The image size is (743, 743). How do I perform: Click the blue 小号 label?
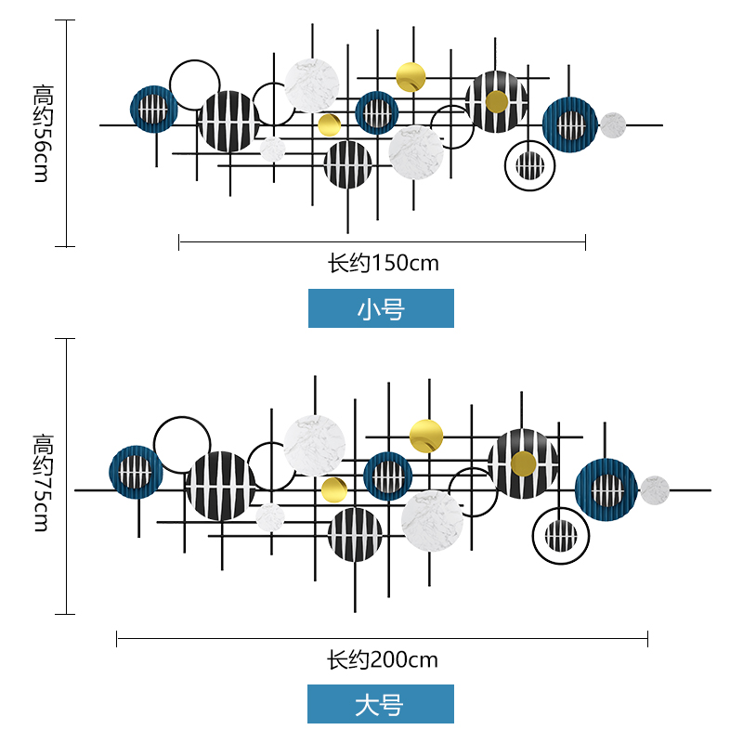(381, 308)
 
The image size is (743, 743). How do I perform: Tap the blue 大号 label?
(381, 704)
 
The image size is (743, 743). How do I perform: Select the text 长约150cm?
(383, 263)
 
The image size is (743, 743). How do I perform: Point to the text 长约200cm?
(382, 660)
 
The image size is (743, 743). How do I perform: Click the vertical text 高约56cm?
(42, 133)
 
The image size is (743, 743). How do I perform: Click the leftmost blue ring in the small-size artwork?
(154, 110)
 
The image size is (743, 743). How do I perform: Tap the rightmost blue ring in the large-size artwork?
(606, 489)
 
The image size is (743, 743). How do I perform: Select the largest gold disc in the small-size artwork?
(411, 77)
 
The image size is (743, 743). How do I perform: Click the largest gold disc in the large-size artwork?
(426, 436)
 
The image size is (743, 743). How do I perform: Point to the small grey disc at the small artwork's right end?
(612, 124)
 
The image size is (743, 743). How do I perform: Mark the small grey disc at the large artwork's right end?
(655, 490)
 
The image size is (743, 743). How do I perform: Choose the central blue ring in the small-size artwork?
(376, 113)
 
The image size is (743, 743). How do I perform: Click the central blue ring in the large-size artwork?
(387, 476)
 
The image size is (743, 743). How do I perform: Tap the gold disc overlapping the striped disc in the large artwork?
(523, 463)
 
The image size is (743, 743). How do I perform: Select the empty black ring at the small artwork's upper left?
(195, 85)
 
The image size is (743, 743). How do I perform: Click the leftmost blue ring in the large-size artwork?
(137, 473)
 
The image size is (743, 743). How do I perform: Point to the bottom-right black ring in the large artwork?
(561, 535)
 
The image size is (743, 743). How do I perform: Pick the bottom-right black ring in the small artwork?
(530, 165)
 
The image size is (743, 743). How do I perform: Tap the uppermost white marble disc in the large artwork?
(315, 445)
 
